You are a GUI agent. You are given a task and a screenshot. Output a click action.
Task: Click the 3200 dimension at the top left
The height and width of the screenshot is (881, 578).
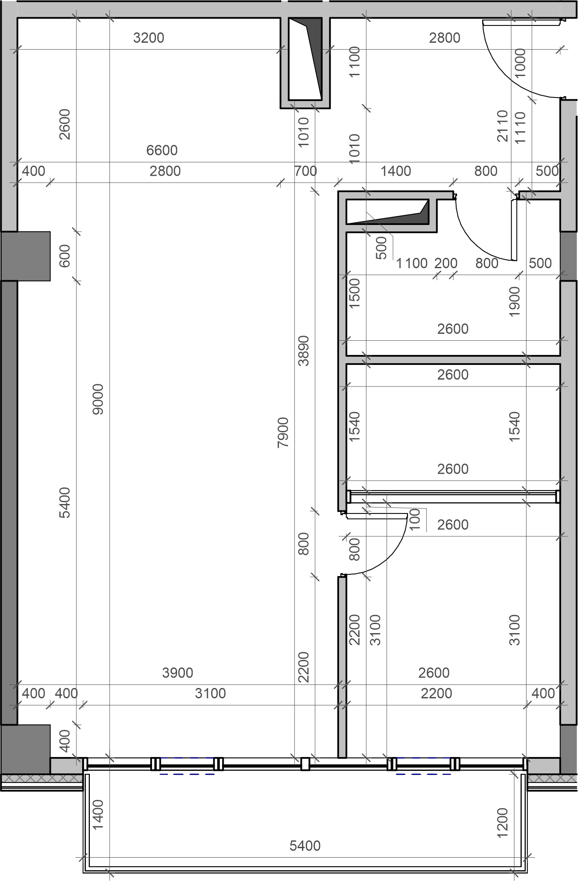(x=149, y=38)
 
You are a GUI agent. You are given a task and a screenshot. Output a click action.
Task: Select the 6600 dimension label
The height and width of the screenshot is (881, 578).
(x=162, y=150)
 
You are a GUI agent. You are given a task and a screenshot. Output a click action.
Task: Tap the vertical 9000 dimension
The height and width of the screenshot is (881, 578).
(x=98, y=399)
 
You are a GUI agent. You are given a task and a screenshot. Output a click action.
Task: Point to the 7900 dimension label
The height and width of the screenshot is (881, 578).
(x=283, y=432)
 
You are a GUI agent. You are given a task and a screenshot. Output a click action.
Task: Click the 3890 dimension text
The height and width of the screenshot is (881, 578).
(x=304, y=351)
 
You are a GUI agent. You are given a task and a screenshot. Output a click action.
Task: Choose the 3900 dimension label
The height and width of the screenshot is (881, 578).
(x=178, y=672)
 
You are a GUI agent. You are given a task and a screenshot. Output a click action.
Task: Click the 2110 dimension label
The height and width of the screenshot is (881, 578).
(x=502, y=126)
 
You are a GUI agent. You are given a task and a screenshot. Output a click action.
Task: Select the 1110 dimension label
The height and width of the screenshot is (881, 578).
(x=520, y=127)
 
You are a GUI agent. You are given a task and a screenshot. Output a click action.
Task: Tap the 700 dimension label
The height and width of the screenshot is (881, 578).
(x=306, y=171)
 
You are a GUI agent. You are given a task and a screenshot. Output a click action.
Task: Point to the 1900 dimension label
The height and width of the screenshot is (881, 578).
(x=514, y=301)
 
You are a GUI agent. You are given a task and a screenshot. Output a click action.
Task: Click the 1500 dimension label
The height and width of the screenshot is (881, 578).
(x=354, y=293)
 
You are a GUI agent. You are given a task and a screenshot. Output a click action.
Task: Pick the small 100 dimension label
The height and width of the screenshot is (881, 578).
(x=414, y=520)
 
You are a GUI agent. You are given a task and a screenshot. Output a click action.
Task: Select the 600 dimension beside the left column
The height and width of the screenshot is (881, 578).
(x=64, y=256)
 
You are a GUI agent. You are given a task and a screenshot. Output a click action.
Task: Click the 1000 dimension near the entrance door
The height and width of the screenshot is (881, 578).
(x=520, y=63)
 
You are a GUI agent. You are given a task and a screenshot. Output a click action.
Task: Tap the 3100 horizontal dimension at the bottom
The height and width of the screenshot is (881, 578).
(x=210, y=693)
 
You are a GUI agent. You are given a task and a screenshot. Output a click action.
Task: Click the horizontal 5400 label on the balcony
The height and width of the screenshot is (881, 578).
(x=305, y=845)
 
